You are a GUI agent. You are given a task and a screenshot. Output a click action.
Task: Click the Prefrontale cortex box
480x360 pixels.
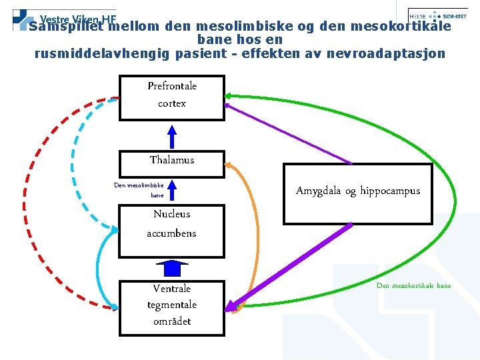coord(171,97)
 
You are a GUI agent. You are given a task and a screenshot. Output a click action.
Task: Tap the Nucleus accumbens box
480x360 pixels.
coord(171,231)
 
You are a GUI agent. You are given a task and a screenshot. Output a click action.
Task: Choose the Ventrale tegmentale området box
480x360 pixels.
coord(171,307)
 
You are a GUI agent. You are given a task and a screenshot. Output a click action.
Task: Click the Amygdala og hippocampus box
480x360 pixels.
coord(358,193)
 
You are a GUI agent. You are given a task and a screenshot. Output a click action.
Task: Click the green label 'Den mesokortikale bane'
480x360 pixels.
coord(413,285)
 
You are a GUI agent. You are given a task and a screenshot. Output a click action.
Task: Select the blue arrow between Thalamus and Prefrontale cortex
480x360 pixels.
coord(172,136)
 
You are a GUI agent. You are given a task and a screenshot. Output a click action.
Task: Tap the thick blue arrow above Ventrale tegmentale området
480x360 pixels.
coord(172,268)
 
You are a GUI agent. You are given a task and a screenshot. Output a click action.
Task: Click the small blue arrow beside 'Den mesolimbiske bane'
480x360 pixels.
coord(172,190)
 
